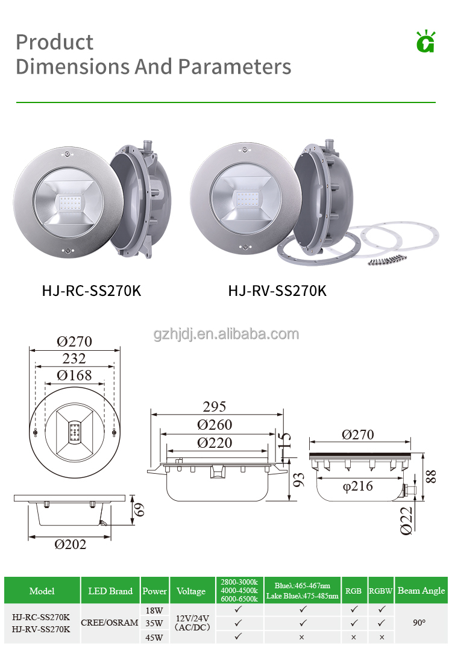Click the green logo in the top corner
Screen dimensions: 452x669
click(x=425, y=42)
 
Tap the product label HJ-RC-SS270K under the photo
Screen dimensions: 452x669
click(x=92, y=291)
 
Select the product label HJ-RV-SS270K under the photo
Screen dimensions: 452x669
click(x=277, y=291)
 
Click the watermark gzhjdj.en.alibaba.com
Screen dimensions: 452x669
click(x=226, y=334)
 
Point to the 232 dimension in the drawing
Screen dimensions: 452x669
click(x=74, y=359)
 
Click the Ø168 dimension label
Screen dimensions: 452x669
click(x=74, y=375)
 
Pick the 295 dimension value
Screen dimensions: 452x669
click(x=215, y=407)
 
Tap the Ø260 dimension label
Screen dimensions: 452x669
click(x=215, y=425)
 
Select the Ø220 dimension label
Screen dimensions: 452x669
click(x=215, y=443)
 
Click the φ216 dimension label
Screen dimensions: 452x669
click(x=357, y=486)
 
